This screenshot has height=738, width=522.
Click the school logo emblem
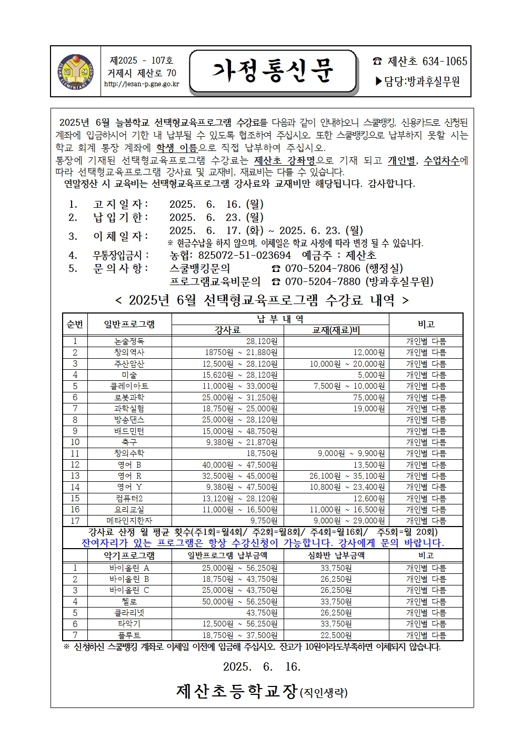(75, 72)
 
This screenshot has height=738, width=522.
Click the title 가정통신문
(273, 71)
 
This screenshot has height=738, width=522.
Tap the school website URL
(142, 84)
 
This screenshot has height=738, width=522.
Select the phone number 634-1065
(445, 62)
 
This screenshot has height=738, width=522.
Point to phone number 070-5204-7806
(323, 268)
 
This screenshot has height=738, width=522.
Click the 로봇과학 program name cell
(129, 398)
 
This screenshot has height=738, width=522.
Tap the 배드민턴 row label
(129, 431)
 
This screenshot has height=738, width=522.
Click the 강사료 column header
(227, 330)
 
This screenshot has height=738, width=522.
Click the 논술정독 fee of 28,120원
(262, 341)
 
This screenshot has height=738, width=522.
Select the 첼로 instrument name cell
(129, 602)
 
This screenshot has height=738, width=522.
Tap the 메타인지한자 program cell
(129, 521)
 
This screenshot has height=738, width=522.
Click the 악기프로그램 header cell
(129, 555)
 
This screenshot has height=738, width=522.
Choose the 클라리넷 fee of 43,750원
(262, 613)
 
